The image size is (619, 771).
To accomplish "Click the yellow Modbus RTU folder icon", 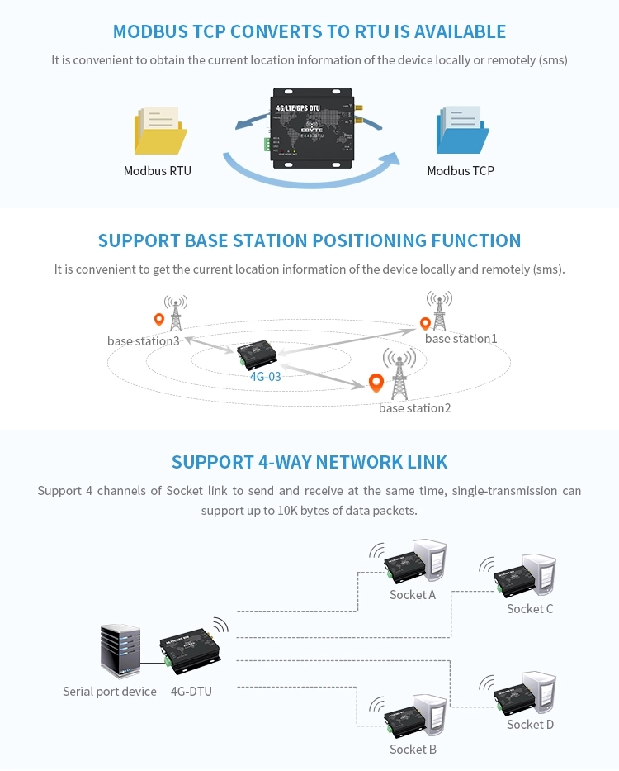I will [159, 130].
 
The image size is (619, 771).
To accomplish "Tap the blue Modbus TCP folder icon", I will [463, 130].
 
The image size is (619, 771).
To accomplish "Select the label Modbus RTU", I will [158, 171].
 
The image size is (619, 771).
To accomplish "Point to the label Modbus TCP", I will [461, 171].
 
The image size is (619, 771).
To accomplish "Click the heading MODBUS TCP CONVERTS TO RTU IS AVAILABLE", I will [309, 32].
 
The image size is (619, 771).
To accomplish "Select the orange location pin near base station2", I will [376, 383].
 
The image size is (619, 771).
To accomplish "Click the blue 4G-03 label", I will [266, 377].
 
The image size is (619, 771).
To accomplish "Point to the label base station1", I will [461, 339].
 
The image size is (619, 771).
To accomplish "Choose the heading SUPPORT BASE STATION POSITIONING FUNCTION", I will [309, 241].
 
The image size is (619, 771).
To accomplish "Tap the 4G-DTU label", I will [191, 691].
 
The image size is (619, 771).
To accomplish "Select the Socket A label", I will [413, 595].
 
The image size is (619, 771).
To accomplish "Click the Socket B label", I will [413, 750].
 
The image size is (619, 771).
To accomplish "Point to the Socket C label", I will [530, 609].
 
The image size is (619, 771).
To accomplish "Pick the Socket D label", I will [530, 725].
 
